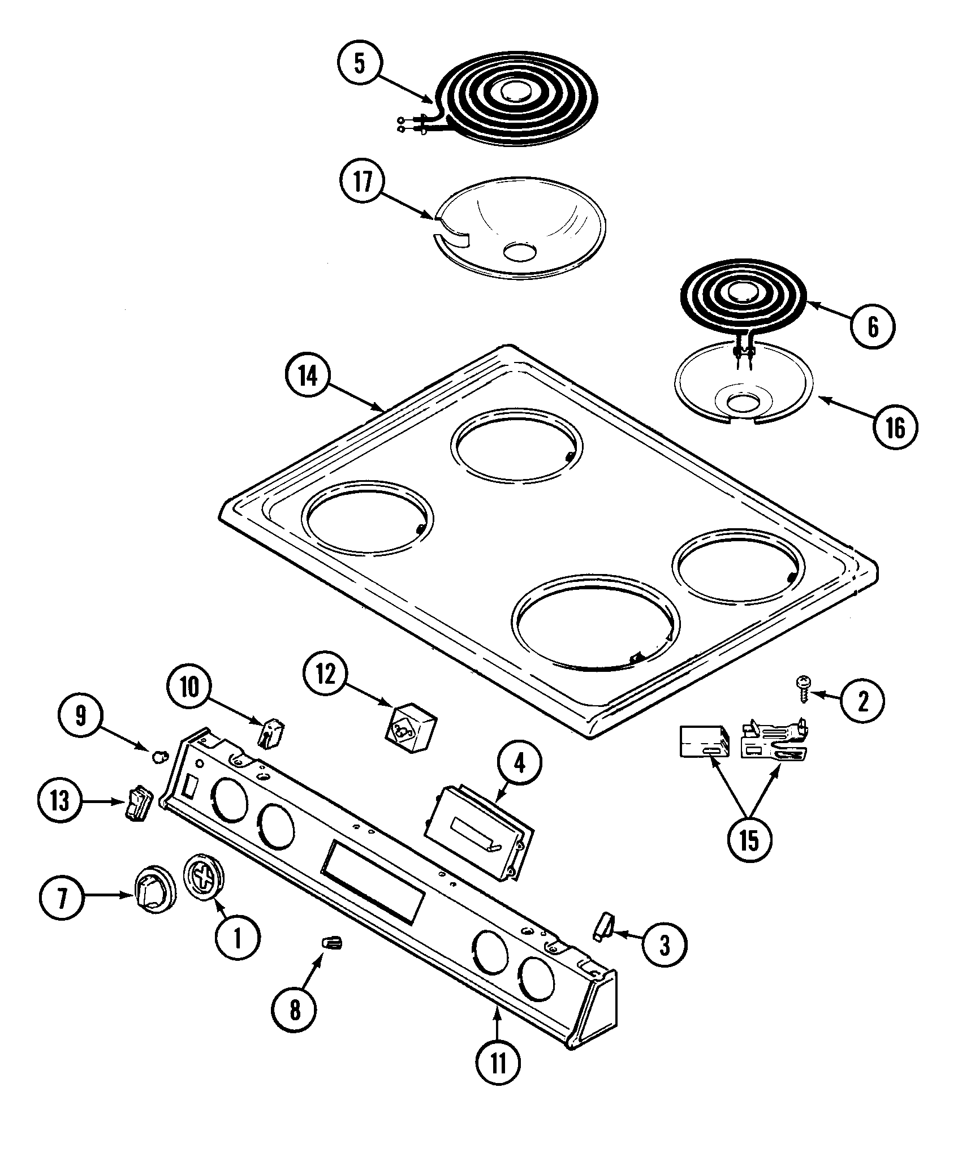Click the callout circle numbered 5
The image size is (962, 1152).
tap(360, 63)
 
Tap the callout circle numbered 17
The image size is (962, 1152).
tap(362, 182)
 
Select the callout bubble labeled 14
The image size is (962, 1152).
tap(308, 376)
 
